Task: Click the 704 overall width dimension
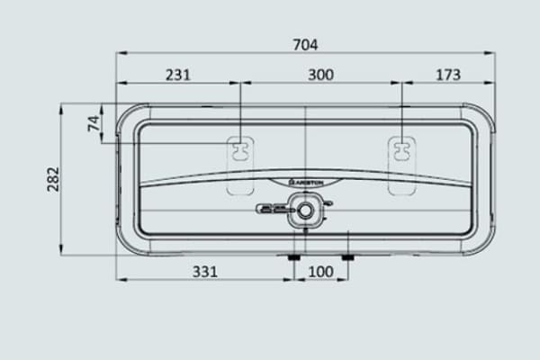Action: [x=306, y=43]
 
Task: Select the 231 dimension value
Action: [x=178, y=76]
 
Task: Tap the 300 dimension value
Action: [x=320, y=76]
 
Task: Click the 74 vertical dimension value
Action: [x=94, y=123]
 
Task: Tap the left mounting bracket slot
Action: [x=240, y=148]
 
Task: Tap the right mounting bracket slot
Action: [x=400, y=148]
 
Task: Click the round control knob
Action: [x=307, y=211]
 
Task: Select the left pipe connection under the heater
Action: [x=294, y=258]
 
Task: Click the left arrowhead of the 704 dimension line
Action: [x=119, y=53]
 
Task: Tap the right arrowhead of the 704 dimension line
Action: [x=492, y=53]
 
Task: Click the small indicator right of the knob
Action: [x=328, y=203]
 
